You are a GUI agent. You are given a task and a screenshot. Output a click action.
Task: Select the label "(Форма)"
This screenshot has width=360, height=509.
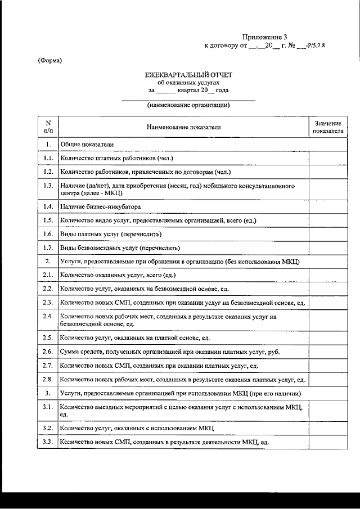coord(50,61)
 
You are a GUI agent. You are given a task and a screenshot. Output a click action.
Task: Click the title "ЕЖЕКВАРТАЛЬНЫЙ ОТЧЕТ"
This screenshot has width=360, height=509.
coord(188,75)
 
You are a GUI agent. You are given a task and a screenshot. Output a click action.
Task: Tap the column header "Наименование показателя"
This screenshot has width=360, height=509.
coord(184,127)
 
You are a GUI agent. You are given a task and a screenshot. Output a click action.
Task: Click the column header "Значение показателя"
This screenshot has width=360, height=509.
coord(328,127)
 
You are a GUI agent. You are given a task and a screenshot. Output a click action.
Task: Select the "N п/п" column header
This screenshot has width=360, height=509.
coord(48,127)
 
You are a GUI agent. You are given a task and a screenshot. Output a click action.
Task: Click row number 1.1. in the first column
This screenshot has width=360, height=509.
coord(48,158)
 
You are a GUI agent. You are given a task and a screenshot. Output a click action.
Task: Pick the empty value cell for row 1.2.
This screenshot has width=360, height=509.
coord(328,172)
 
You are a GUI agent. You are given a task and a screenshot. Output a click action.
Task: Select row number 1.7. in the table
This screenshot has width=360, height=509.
coord(48,247)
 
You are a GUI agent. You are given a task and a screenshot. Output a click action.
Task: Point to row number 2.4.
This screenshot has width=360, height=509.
coord(48,317)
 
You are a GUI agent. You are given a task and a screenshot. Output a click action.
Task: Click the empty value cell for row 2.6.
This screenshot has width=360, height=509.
coord(328,352)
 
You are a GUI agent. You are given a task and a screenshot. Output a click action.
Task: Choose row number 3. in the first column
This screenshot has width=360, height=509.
coord(48,393)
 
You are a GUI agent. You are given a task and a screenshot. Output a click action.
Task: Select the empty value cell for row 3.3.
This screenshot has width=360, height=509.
coord(328,442)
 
